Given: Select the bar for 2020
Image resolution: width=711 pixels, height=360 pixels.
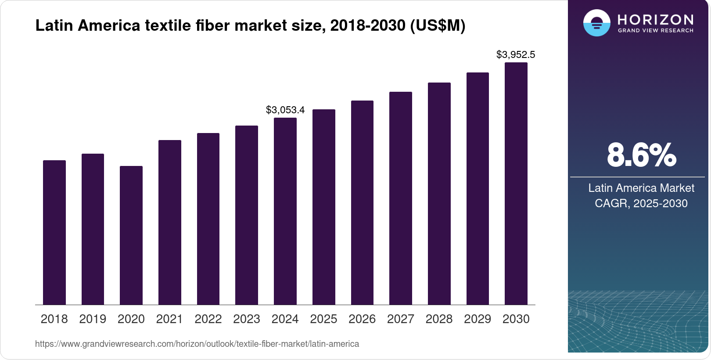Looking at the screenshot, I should coord(131,235).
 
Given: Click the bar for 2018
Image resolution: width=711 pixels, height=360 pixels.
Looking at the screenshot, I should coord(54,233).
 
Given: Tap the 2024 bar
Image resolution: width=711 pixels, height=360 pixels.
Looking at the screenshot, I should coord(285,211).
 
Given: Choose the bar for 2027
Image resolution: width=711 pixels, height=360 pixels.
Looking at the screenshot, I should coord(401,198).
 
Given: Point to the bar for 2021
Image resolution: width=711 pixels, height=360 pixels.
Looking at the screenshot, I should coord(170,223).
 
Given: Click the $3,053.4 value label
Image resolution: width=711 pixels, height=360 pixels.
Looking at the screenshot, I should coord(285,110).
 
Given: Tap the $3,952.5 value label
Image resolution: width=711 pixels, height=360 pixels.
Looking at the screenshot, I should coord(516,55).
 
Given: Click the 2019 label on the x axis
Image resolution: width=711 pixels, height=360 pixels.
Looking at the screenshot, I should coord(93,319).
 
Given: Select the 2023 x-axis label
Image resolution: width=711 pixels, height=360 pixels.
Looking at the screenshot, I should coord(247,319).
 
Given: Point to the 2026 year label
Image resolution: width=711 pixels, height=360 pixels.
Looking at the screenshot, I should coord(362,319).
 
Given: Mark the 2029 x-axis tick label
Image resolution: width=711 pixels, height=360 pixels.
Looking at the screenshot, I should coord(478,319).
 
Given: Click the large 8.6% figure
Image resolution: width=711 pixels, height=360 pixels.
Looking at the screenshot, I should coord(641,155).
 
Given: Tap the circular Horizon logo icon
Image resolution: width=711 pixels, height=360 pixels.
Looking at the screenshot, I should coord(596,23).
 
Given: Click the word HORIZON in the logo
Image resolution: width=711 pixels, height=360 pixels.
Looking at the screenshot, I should coord(656,19).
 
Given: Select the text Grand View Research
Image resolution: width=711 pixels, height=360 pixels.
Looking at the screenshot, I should coord(656,31).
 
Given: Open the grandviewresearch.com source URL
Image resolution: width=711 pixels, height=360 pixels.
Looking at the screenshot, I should coord(197,344).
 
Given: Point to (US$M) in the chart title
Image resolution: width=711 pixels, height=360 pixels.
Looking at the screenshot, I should coord(438,25).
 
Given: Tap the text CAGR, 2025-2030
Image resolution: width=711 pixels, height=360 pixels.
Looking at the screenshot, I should coord(641,204).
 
